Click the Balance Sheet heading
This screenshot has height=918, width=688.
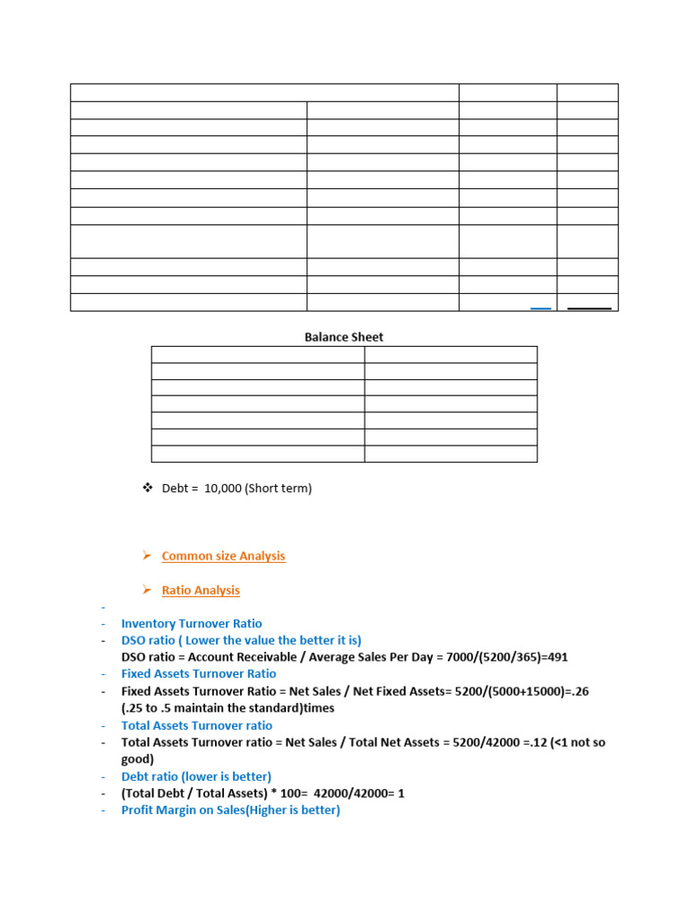(x=344, y=337)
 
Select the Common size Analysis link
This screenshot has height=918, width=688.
(x=223, y=556)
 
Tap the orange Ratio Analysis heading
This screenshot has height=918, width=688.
(x=201, y=590)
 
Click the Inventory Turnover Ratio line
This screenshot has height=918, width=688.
(x=192, y=623)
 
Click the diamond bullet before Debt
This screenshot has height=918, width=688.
(x=148, y=488)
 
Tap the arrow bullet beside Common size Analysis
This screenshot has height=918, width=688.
(x=147, y=556)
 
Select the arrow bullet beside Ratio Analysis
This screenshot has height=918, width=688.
(x=147, y=590)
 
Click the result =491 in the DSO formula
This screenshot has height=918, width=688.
(x=553, y=657)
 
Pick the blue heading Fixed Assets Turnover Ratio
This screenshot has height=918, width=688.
(x=199, y=673)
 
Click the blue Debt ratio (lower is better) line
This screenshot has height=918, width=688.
(x=196, y=776)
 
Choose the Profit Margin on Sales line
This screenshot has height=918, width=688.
(x=230, y=810)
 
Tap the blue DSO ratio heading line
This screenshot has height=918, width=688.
(x=241, y=640)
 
